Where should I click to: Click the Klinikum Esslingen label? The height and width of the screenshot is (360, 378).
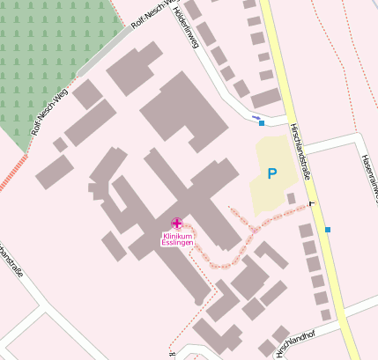tap(177, 239)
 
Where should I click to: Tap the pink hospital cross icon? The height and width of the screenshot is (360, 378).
tap(177, 224)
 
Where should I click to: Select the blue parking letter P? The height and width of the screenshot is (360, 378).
tap(271, 174)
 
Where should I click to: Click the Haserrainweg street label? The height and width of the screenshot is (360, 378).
tap(368, 173)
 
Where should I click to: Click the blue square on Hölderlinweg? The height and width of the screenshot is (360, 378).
tap(262, 123)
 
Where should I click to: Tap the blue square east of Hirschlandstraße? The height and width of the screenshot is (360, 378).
tap(328, 230)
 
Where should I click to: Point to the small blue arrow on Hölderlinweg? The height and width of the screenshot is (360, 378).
tap(256, 117)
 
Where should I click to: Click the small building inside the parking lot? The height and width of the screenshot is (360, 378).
tap(291, 198)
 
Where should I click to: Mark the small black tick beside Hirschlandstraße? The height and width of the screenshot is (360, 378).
tap(311, 206)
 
